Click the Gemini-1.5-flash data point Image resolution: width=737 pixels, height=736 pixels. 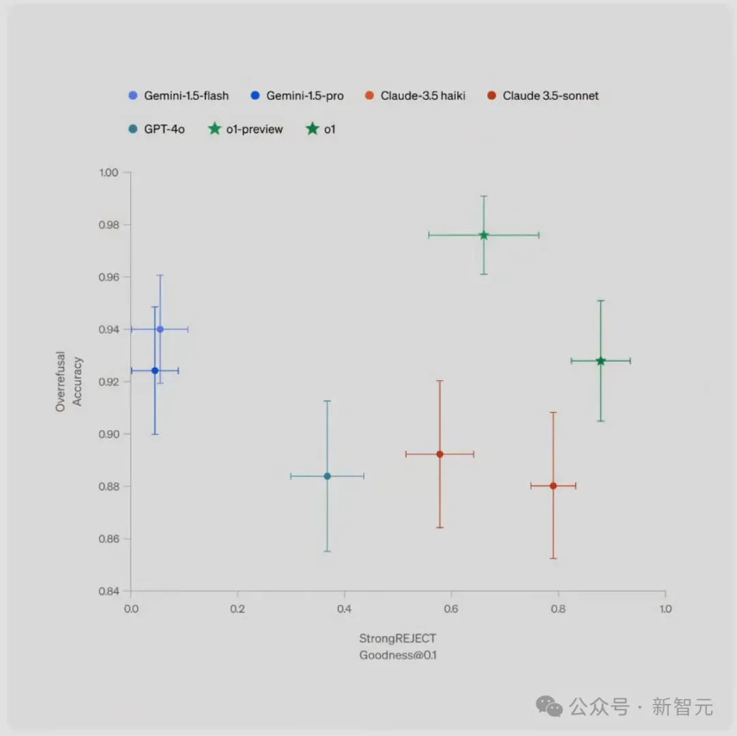pyautogui.click(x=160, y=329)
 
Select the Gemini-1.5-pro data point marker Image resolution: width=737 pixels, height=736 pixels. pyautogui.click(x=155, y=371)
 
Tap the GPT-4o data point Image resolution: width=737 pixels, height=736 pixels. pyautogui.click(x=327, y=476)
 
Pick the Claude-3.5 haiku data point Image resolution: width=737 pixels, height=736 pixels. pyautogui.click(x=439, y=454)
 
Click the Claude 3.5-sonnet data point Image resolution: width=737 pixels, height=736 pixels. pyautogui.click(x=553, y=485)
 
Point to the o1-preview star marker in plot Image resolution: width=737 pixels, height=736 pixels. pyautogui.click(x=484, y=235)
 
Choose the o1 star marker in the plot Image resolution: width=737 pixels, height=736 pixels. pyautogui.click(x=601, y=360)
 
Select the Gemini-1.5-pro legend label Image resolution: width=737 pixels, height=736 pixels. pyautogui.click(x=304, y=96)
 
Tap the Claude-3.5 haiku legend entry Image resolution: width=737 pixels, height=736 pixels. pyautogui.click(x=422, y=96)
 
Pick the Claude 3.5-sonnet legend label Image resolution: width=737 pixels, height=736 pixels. pyautogui.click(x=550, y=96)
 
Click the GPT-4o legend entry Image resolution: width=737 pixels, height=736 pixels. pyautogui.click(x=164, y=129)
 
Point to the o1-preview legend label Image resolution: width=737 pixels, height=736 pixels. pyautogui.click(x=254, y=129)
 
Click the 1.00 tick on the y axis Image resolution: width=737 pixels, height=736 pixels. pyautogui.click(x=109, y=173)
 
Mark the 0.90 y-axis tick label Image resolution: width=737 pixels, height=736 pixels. pyautogui.click(x=109, y=434)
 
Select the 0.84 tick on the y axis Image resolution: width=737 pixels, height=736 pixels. pyautogui.click(x=109, y=591)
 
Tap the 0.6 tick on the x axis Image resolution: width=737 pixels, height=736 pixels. pyautogui.click(x=451, y=609)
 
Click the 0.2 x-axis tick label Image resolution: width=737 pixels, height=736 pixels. pyautogui.click(x=237, y=609)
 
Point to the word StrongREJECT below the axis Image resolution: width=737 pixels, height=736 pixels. pyautogui.click(x=398, y=639)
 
